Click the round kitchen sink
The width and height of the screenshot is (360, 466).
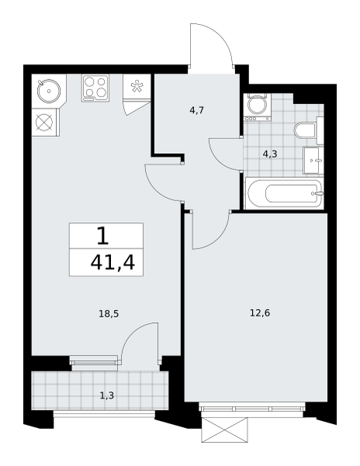(49, 91)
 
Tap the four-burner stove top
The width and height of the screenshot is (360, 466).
(95, 89)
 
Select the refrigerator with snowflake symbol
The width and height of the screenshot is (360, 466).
(137, 86)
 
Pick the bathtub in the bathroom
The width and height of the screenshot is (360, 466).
(285, 193)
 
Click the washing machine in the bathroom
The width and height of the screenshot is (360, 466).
(258, 107)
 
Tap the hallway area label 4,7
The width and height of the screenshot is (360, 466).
(196, 110)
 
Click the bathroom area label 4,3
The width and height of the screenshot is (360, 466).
(270, 154)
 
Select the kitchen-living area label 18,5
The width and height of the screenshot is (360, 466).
(109, 314)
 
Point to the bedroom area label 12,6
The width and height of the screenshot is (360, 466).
(260, 313)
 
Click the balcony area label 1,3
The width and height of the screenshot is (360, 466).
(106, 395)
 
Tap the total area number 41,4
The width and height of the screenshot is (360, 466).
(112, 263)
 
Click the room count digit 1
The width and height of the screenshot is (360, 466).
(102, 235)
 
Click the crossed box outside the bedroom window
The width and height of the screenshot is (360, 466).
(224, 429)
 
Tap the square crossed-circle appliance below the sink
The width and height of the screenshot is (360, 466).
(44, 122)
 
